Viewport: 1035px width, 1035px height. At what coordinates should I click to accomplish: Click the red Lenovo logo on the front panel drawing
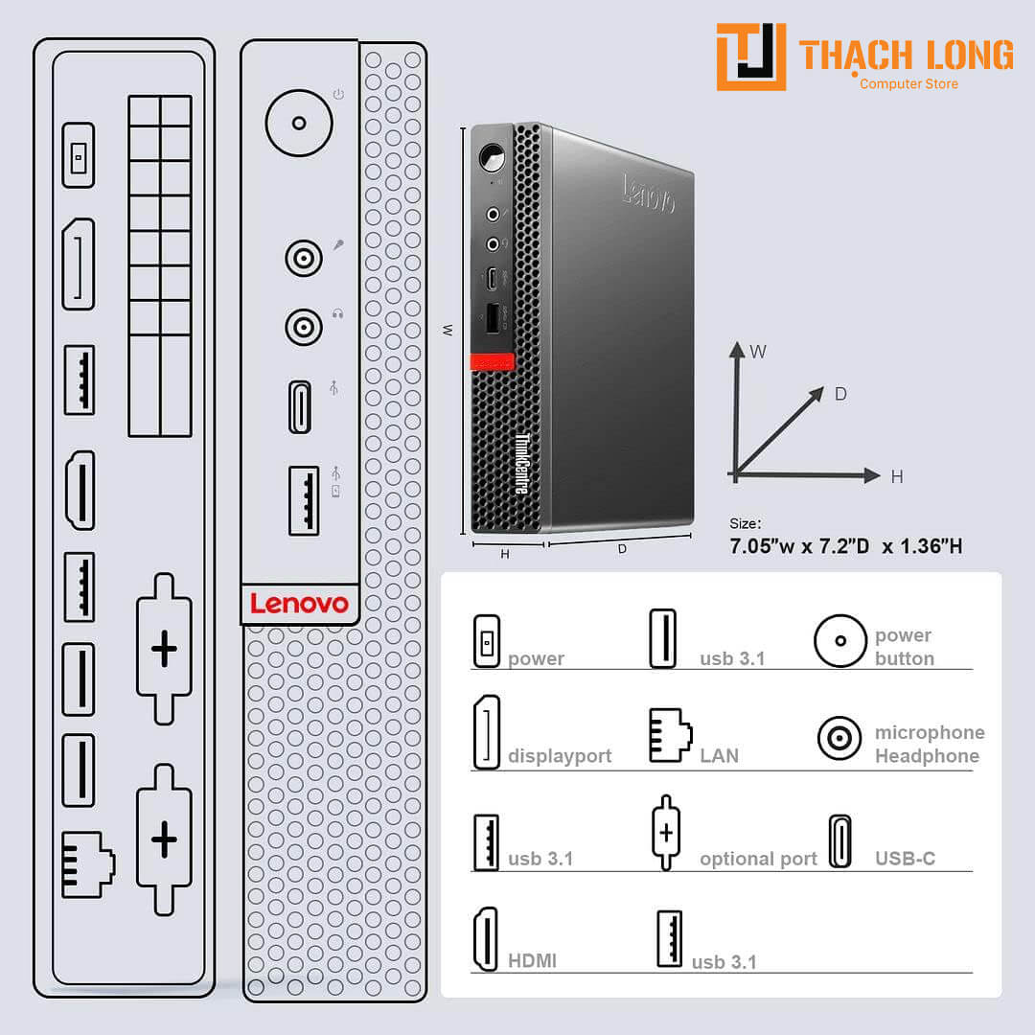299,604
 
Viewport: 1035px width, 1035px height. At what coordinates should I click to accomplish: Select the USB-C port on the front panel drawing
300,406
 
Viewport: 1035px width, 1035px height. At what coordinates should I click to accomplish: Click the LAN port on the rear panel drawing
88,864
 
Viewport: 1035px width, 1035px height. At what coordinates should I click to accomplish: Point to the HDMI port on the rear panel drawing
80,491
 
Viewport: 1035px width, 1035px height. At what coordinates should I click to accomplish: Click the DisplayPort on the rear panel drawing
79,264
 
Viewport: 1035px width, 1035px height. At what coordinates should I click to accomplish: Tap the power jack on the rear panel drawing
79,155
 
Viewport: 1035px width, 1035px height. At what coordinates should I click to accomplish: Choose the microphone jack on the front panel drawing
304,258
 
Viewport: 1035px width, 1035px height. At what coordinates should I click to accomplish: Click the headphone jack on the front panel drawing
304,327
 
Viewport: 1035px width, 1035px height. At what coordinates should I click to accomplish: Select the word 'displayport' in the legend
560,756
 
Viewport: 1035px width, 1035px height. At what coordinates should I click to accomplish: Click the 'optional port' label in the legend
758,859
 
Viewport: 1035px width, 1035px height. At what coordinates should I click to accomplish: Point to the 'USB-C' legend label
905,858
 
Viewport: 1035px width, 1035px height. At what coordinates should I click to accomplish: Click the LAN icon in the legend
671,735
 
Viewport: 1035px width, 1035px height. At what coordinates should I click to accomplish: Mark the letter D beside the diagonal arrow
840,394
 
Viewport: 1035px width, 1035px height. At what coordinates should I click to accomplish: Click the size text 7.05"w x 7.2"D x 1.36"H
845,546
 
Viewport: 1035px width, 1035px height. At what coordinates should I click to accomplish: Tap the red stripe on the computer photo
492,362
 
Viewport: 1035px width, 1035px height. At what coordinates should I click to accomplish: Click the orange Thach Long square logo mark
751,57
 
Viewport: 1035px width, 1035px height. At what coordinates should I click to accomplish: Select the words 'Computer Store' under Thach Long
908,83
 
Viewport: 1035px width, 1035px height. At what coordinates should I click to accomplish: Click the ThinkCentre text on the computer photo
522,464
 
